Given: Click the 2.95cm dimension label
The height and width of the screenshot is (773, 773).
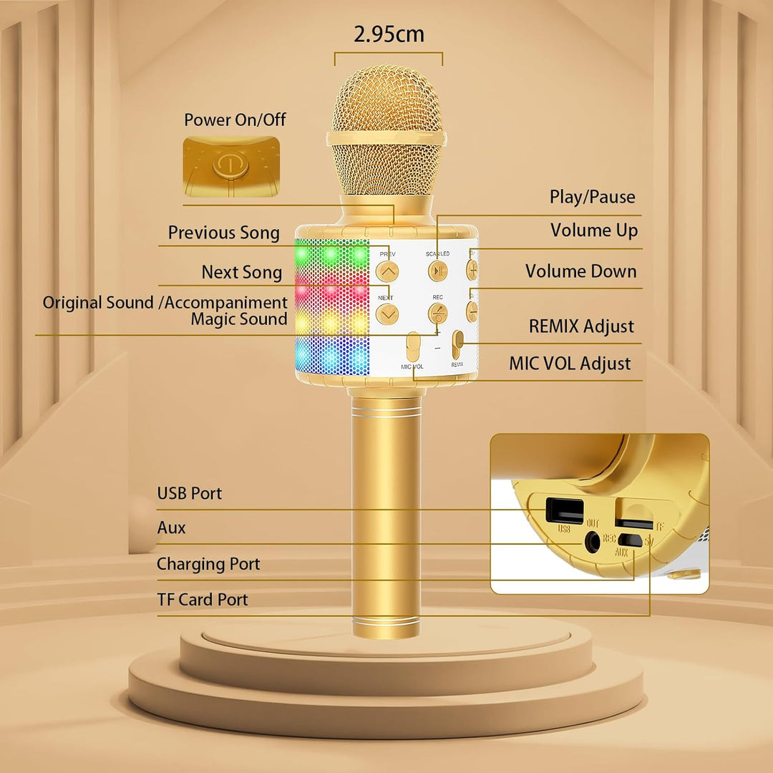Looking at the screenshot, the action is [x=389, y=34].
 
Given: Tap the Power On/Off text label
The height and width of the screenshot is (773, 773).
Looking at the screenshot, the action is [x=235, y=120].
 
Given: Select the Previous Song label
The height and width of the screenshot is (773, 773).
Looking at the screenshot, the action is [x=224, y=233].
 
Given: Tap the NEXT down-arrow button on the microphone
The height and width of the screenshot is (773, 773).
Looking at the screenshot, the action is [x=387, y=314].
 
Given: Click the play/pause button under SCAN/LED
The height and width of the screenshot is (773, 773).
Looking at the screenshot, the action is [x=437, y=271].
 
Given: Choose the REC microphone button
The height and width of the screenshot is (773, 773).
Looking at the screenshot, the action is [x=437, y=313].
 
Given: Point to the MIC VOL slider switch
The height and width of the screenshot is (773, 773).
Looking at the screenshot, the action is [x=413, y=346].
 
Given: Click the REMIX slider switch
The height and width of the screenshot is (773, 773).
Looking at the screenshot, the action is [x=458, y=344].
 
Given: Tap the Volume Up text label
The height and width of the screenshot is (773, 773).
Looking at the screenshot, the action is [x=594, y=230].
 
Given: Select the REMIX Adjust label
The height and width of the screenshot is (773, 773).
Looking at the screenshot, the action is [x=581, y=326].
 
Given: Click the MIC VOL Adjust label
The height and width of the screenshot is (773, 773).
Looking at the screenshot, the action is [x=570, y=364].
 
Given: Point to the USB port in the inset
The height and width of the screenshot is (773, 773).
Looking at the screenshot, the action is [x=565, y=511].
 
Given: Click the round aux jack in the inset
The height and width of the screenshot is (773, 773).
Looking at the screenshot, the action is [x=592, y=542].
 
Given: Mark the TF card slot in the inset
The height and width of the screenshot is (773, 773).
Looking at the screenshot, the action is [x=633, y=522].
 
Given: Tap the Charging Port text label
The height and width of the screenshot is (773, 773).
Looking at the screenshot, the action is [x=208, y=564].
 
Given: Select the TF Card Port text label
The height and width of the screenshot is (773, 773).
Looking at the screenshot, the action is [x=202, y=600].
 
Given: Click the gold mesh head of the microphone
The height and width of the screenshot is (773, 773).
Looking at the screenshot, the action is [x=387, y=131].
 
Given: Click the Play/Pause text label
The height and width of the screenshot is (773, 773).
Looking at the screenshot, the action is [x=592, y=197].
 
